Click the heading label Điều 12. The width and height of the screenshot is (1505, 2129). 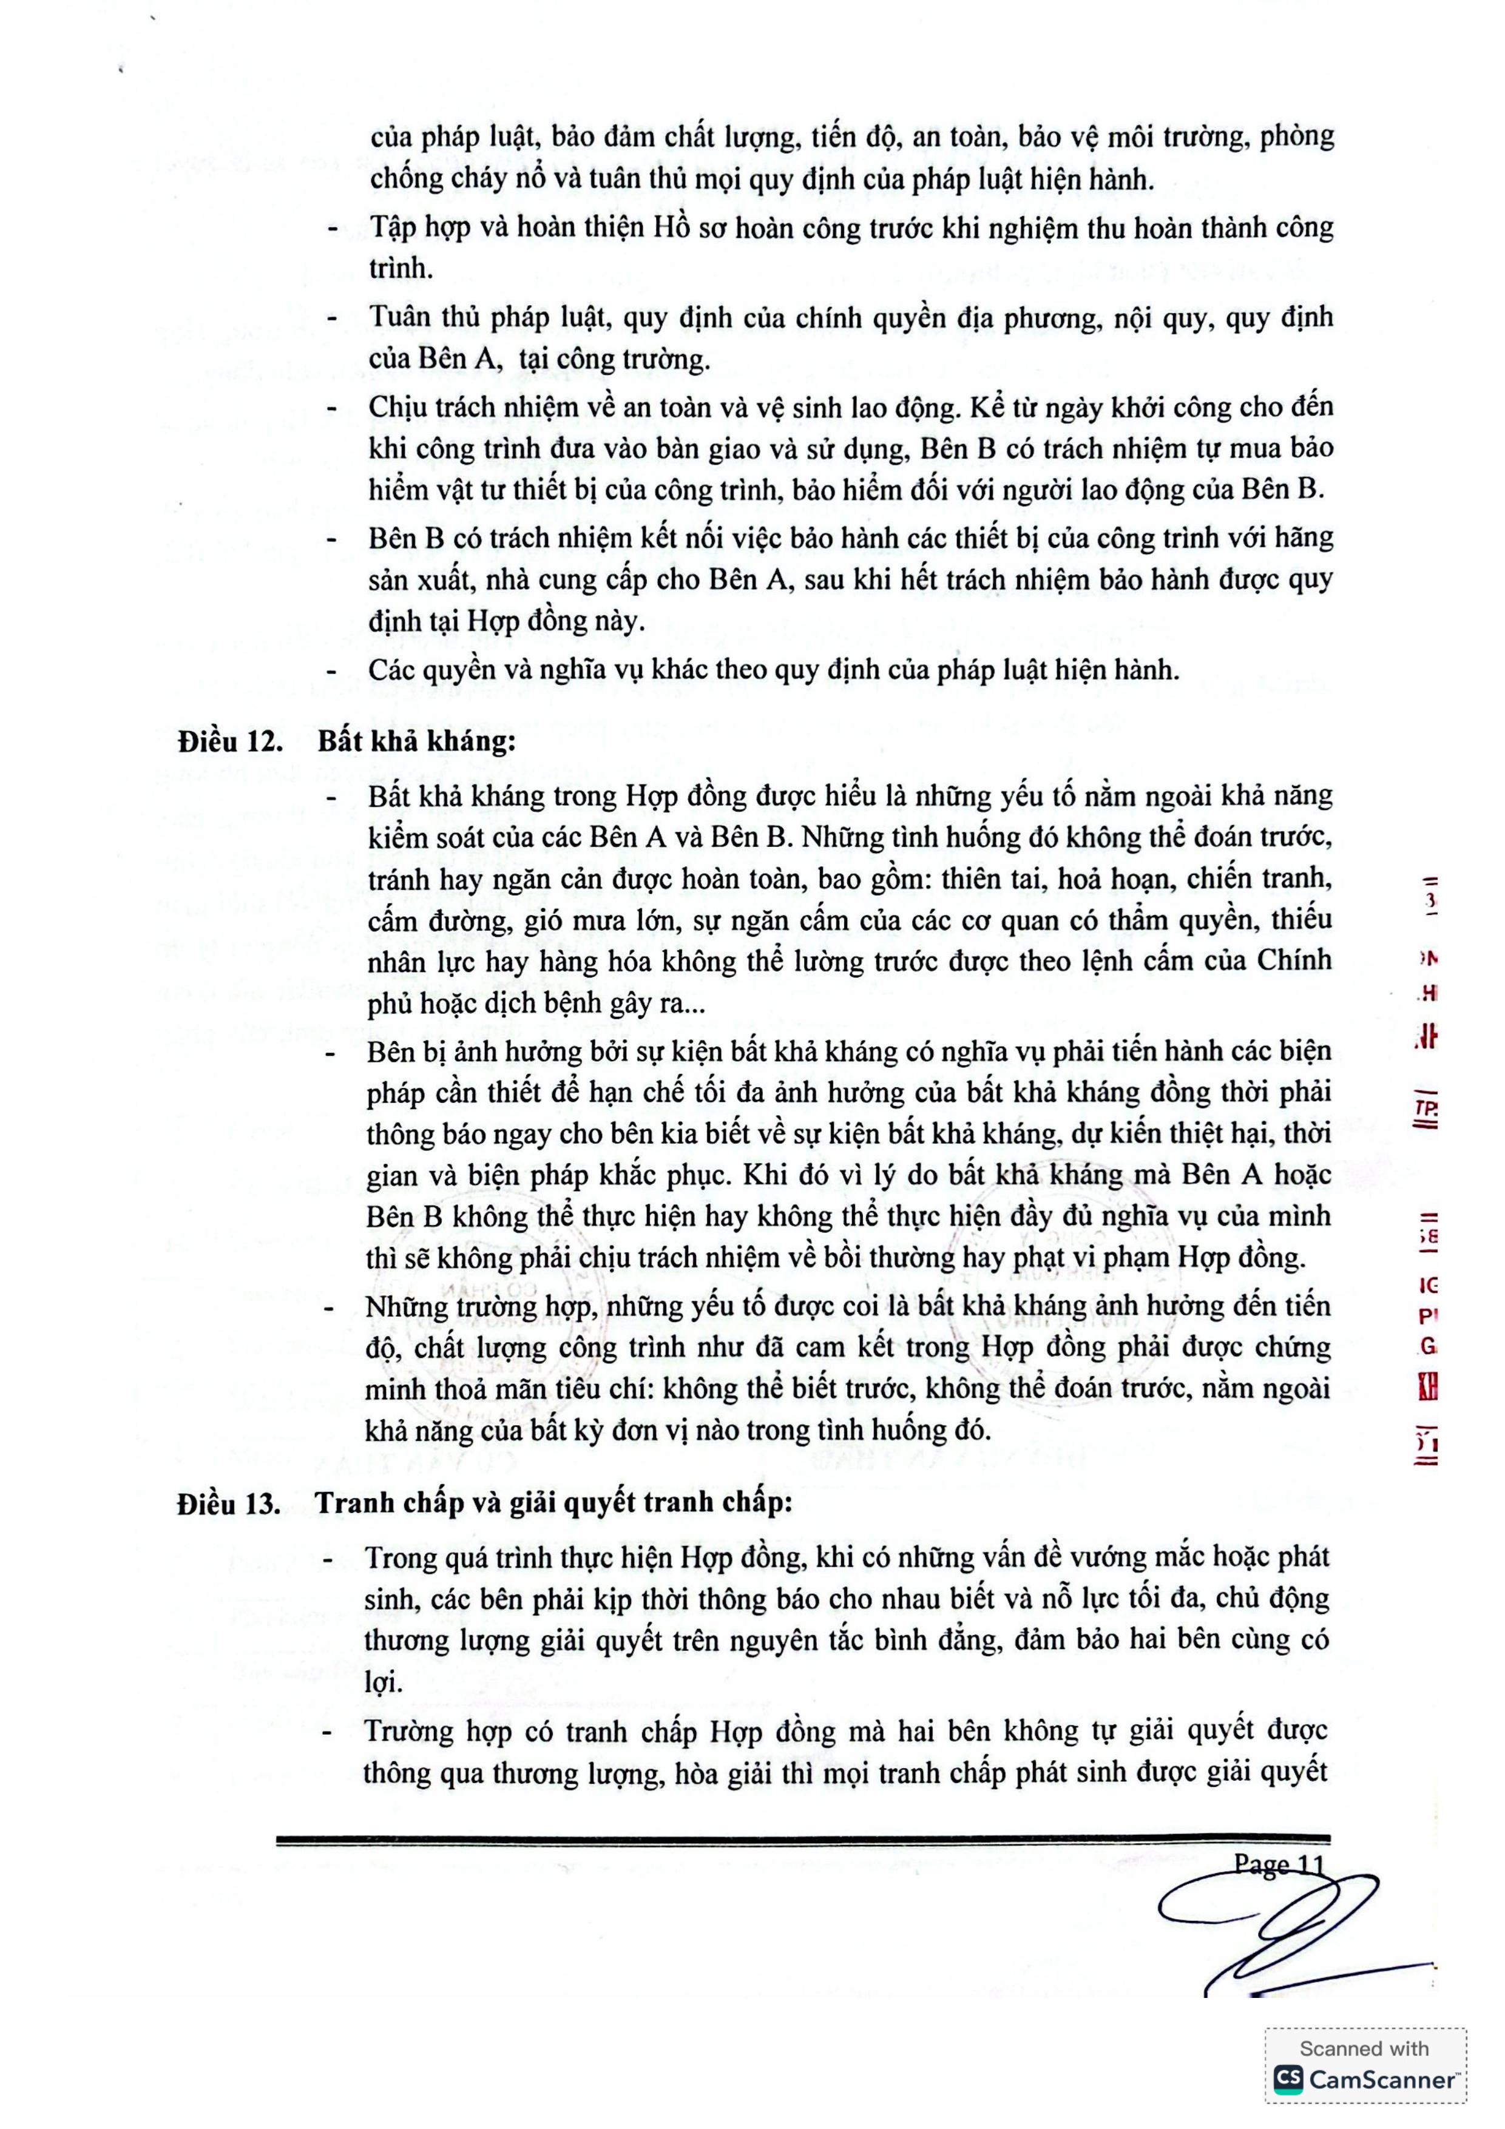231,742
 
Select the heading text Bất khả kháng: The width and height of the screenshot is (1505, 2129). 416,742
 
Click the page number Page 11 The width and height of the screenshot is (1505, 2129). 1277,1864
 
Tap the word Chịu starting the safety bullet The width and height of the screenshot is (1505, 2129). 397,408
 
